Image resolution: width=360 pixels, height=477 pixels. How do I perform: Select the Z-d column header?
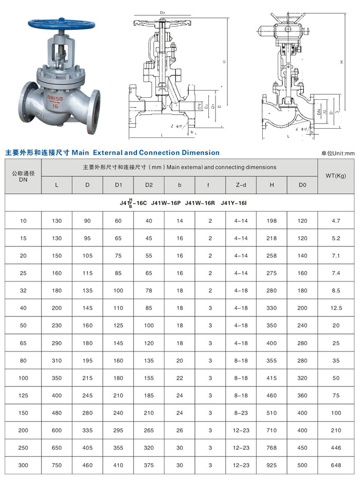point(241,185)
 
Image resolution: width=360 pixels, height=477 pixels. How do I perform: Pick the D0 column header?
point(302,185)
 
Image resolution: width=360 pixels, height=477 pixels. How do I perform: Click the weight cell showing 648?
point(336,465)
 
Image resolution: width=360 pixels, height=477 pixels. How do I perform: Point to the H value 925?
point(272,465)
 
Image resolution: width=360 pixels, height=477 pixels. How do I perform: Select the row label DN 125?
point(23,396)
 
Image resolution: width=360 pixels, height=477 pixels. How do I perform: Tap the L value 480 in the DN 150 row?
point(57,413)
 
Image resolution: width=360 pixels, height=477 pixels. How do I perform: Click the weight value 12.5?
point(336,308)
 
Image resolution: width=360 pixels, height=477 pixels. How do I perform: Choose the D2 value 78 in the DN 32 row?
point(149,291)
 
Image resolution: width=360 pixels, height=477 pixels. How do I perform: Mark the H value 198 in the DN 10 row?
point(272,221)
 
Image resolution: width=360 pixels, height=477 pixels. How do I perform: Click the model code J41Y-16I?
point(234,203)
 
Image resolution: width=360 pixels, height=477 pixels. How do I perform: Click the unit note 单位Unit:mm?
point(338,153)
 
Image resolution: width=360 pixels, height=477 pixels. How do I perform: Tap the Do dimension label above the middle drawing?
point(163,11)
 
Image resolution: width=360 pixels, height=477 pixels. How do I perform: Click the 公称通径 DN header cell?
point(23,176)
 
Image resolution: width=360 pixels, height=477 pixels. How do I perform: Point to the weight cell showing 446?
point(336,448)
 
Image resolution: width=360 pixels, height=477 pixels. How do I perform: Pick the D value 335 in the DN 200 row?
point(87,430)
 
